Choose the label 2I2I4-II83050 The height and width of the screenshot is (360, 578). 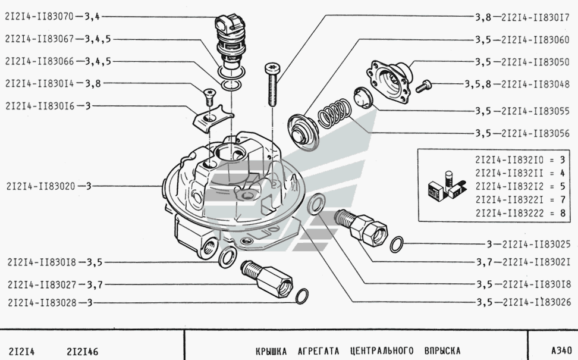tap(536, 61)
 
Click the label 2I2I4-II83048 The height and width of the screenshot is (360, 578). tap(536, 85)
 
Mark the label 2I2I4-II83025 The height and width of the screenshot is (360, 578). tap(536, 243)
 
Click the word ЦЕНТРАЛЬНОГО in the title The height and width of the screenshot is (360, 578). tap(381, 350)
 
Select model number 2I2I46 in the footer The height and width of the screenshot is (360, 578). tap(83, 350)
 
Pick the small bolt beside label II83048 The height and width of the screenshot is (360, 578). tap(425, 86)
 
